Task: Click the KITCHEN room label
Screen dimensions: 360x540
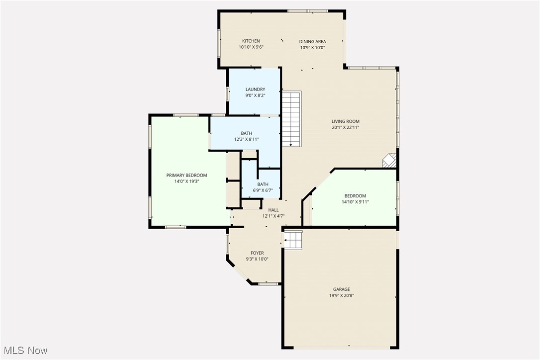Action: (251, 41)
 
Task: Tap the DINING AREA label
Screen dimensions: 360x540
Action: (312, 41)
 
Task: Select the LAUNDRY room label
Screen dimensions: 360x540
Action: (255, 90)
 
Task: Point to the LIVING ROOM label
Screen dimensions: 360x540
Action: (346, 121)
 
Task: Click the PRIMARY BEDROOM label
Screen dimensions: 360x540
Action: (186, 175)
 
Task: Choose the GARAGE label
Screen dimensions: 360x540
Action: (342, 289)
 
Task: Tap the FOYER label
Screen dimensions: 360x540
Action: (257, 253)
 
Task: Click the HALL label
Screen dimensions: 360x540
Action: (273, 210)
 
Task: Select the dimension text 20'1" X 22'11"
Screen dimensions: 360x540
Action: (346, 128)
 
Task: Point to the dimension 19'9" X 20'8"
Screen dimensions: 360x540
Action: (342, 295)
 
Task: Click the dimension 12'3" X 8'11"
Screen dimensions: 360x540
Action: (247, 139)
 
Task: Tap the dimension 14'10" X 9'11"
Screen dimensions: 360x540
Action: (355, 202)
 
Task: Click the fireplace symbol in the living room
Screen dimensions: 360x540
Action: (389, 160)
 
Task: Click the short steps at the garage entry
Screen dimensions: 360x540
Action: (293, 239)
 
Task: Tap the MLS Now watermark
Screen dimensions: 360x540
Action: (24, 351)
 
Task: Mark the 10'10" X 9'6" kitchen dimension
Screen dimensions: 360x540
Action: (251, 47)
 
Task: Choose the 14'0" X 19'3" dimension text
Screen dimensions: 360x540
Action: (186, 181)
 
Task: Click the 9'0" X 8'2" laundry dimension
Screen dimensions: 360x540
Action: (255, 95)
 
